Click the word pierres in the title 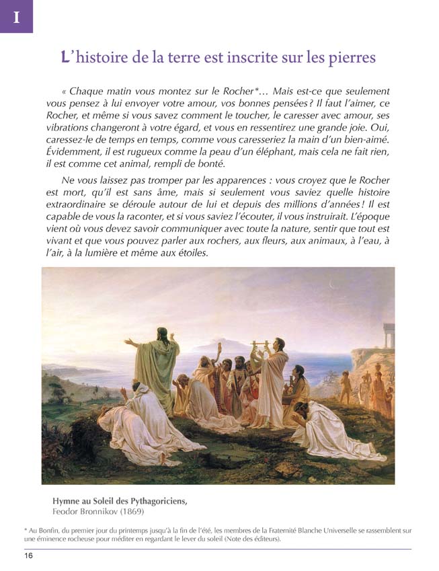point(350,58)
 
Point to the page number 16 point(29,556)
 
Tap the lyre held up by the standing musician point(257,350)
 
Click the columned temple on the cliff point(388,334)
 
